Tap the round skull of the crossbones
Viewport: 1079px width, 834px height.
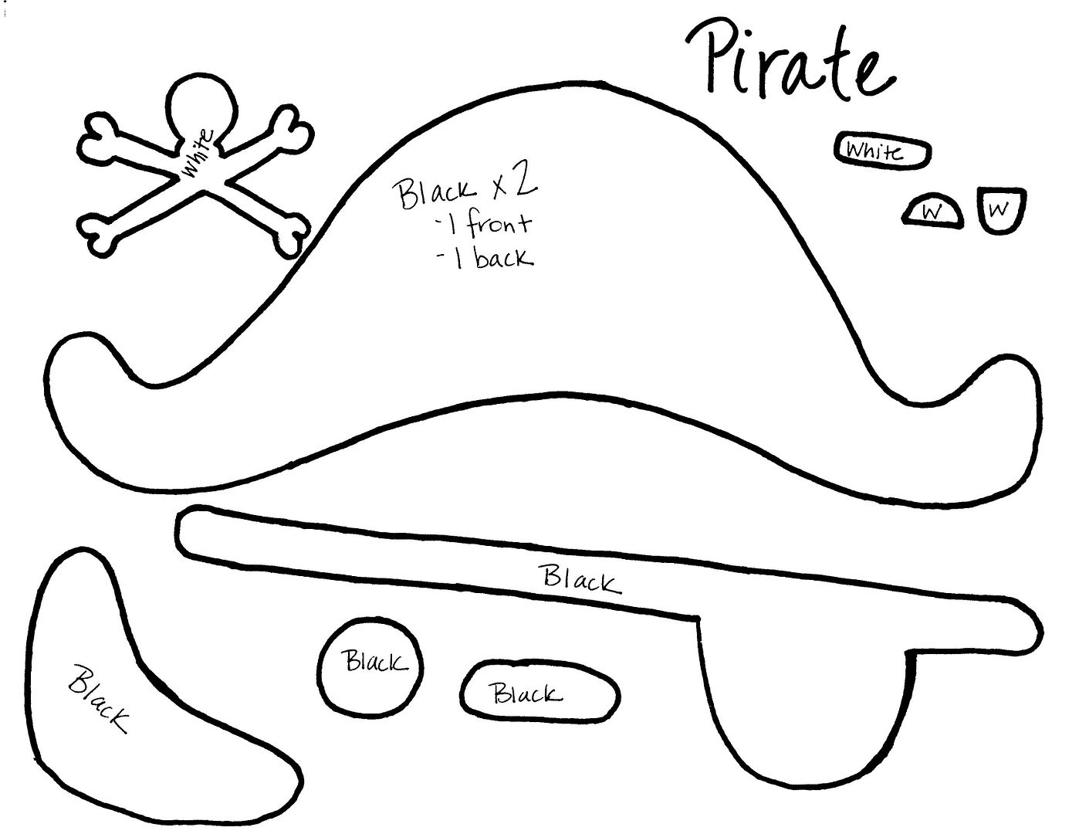[x=201, y=107]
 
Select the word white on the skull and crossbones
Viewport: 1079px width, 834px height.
[x=198, y=152]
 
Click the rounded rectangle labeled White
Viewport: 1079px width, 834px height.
[x=882, y=150]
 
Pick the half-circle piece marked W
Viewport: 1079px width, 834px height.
[x=932, y=212]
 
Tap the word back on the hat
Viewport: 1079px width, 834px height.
[x=503, y=257]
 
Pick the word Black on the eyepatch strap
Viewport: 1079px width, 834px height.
[x=582, y=579]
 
